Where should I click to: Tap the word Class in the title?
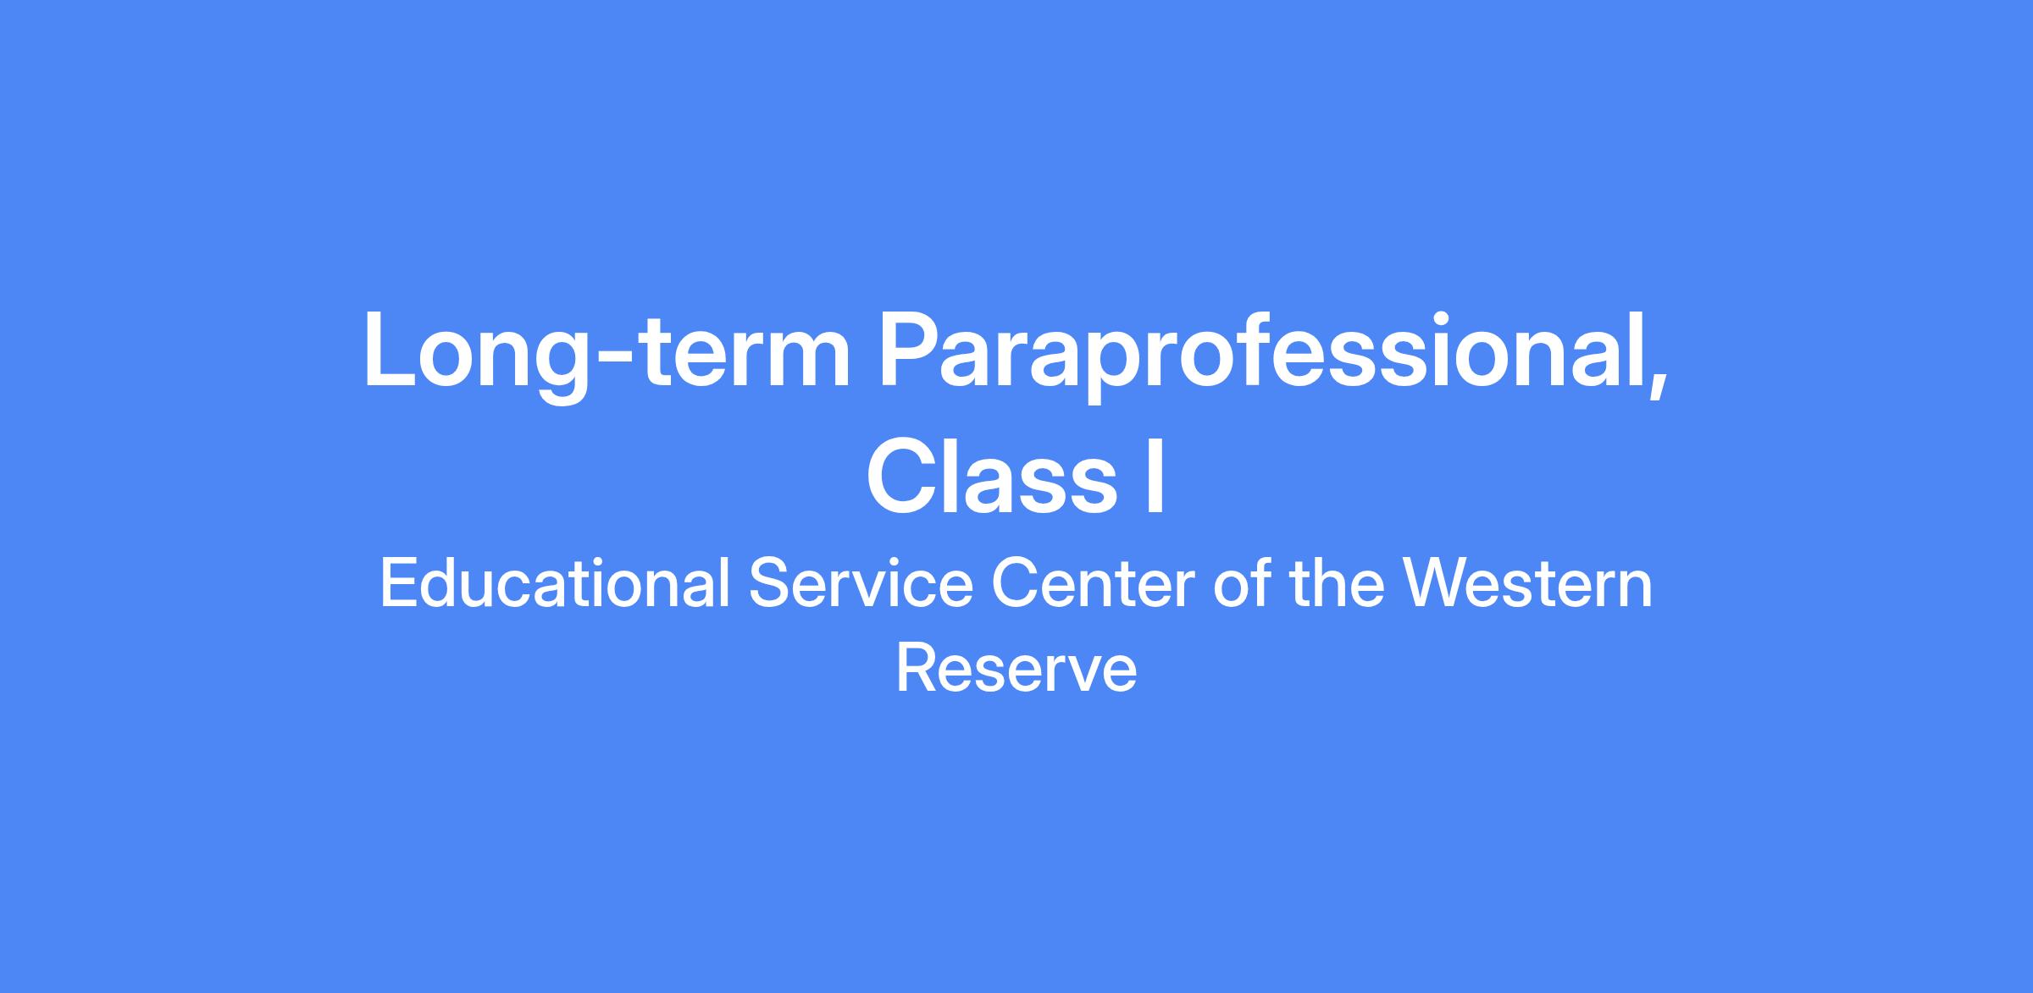(x=992, y=477)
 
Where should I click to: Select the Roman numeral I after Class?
(x=1155, y=477)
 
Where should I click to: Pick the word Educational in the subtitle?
(x=555, y=584)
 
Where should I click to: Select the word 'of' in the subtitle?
(x=1241, y=584)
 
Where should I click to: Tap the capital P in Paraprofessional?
(x=908, y=350)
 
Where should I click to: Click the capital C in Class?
(x=899, y=477)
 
